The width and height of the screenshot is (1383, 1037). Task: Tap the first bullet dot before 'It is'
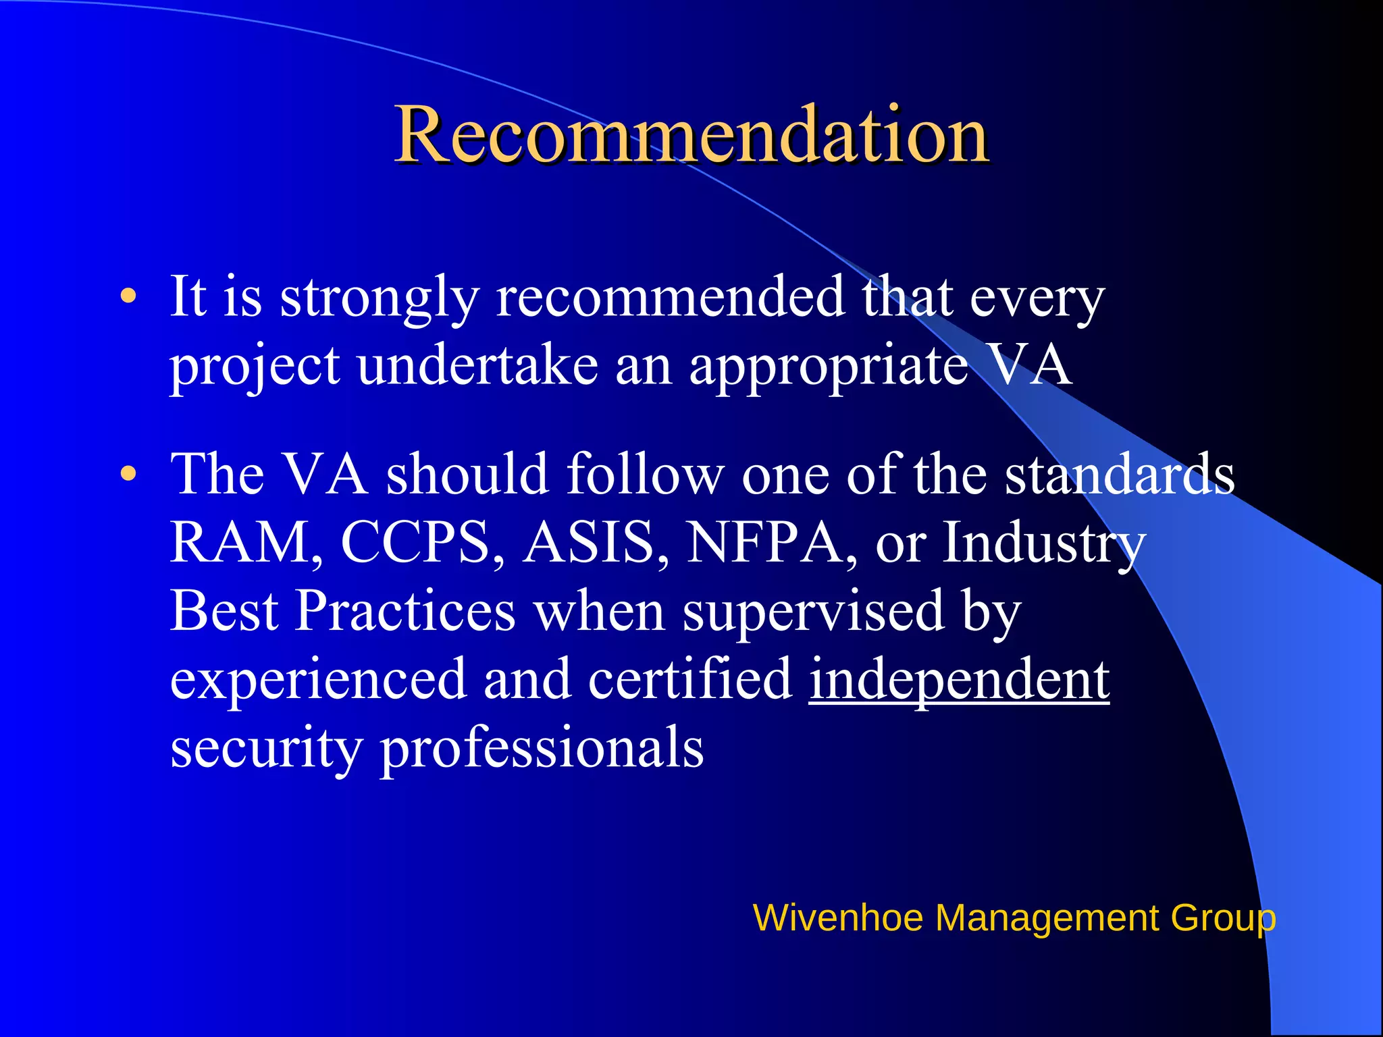(x=128, y=296)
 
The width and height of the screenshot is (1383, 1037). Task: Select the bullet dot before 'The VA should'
(x=128, y=474)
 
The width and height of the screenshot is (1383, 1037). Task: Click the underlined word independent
(x=959, y=679)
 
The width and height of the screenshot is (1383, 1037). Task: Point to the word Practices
(x=407, y=610)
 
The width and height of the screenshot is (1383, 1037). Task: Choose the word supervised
(x=813, y=612)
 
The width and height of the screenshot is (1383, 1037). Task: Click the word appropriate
(x=829, y=367)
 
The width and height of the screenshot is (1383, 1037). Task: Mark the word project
(x=255, y=367)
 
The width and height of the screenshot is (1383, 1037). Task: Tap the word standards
(x=1120, y=474)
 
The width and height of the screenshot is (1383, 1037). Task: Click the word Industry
(x=1044, y=543)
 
